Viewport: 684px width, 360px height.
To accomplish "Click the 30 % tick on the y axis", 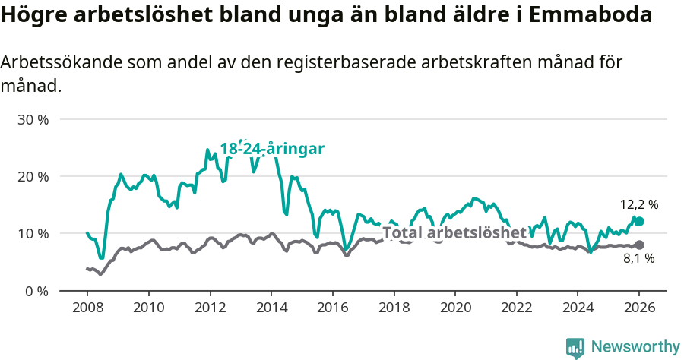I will click(34, 120).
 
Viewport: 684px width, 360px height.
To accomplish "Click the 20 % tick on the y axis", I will click(34, 177).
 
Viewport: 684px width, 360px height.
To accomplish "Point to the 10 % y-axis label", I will click(34, 234).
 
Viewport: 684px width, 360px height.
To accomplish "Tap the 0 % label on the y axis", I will click(37, 291).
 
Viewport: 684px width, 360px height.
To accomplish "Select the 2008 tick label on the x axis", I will click(87, 308).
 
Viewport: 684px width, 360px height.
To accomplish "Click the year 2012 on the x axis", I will click(210, 308).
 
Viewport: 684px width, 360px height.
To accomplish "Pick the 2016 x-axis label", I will click(333, 308).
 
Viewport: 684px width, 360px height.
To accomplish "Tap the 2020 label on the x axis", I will click(455, 308).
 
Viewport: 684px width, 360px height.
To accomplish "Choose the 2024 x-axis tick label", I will click(578, 308).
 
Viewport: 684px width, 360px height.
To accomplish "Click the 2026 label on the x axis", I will click(639, 308).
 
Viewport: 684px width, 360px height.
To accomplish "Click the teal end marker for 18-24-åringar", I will click(639, 221).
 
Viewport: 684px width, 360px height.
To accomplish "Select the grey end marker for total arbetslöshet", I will click(639, 245).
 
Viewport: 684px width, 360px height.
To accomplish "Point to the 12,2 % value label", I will click(639, 204).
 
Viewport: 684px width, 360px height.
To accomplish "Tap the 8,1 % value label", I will click(639, 259).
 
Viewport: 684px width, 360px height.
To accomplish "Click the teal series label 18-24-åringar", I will click(272, 149).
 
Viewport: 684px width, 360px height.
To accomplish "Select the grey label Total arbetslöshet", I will click(454, 232).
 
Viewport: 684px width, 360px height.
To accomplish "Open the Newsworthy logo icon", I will click(575, 347).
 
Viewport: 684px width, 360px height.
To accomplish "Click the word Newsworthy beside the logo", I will click(635, 347).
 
